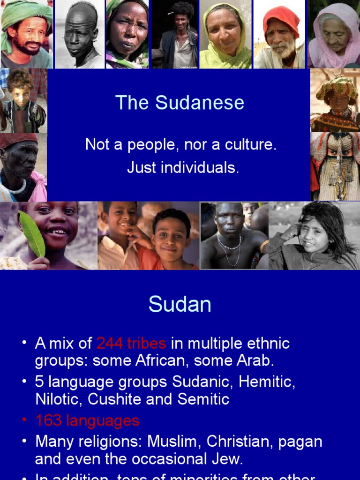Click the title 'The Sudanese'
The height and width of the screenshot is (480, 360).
point(180,103)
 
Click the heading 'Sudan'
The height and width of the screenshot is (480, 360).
point(180,305)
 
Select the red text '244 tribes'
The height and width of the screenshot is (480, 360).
point(131,344)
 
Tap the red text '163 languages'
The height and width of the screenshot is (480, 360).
point(87,420)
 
